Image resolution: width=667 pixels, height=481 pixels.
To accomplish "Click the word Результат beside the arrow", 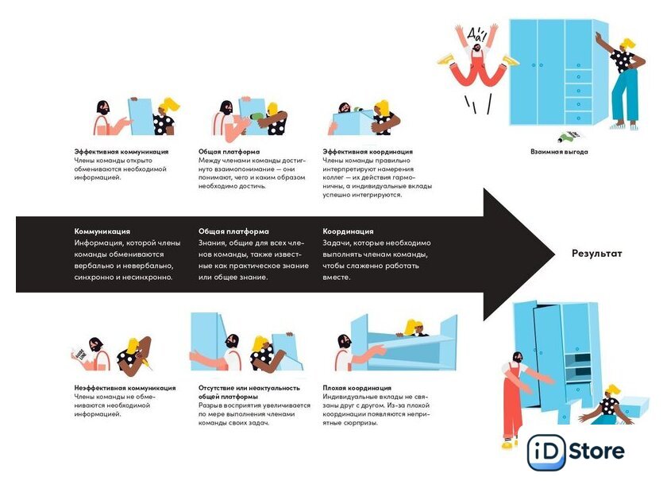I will coord(597,254).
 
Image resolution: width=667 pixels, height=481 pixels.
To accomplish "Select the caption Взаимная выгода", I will coord(559,151).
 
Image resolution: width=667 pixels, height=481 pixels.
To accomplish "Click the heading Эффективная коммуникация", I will coord(121,151).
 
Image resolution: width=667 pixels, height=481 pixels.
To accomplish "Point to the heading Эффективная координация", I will coord(368,151).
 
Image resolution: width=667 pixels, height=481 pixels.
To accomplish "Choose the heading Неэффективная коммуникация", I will coord(125,388).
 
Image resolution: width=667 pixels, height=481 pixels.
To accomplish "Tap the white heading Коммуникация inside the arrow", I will coord(102,231).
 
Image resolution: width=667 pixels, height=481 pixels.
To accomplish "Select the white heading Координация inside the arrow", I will coord(348,231).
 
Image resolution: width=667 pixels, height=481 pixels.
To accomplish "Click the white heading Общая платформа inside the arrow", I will coord(233,231).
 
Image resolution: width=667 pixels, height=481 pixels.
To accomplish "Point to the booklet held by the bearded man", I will coord(80,352).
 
